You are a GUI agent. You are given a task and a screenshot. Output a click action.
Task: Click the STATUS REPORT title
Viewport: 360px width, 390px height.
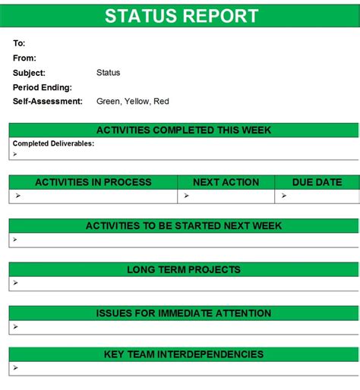[181, 16]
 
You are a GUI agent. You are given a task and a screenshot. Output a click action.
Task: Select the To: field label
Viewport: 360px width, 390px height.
[19, 44]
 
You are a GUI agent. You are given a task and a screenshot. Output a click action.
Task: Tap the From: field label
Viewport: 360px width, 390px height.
[24, 58]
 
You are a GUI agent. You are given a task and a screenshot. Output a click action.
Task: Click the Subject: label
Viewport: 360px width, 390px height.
[29, 73]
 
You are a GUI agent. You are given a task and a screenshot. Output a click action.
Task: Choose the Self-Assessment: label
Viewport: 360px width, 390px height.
[47, 101]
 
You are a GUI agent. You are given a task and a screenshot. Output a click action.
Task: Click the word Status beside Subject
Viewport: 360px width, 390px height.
[109, 73]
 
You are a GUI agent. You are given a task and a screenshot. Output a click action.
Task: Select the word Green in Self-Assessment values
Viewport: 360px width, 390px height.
[109, 101]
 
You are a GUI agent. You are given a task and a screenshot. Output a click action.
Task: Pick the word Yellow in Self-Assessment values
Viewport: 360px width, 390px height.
[138, 101]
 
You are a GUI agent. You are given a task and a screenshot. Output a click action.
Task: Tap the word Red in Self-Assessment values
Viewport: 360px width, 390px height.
[162, 101]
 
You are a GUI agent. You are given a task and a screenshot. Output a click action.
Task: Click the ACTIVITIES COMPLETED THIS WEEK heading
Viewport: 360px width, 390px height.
[184, 131]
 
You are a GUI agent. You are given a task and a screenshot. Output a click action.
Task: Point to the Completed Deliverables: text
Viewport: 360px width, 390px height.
[53, 143]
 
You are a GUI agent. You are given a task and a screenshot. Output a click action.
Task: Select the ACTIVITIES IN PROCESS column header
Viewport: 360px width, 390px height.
[93, 182]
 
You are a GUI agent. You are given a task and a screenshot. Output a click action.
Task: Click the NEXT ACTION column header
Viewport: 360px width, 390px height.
[226, 182]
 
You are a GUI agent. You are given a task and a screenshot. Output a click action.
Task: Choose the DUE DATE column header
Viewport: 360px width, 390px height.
[317, 182]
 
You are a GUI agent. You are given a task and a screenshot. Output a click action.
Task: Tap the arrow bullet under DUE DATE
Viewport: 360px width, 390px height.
[283, 196]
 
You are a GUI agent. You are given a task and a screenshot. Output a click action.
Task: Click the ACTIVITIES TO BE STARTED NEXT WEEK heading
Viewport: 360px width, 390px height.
[184, 225]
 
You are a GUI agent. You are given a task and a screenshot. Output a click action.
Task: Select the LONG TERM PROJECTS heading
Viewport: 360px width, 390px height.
[184, 269]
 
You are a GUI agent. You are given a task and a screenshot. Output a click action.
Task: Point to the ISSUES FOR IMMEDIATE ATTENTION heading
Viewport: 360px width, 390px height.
[184, 313]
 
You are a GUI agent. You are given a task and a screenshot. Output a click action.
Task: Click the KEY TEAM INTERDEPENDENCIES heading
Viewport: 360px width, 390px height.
[184, 354]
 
